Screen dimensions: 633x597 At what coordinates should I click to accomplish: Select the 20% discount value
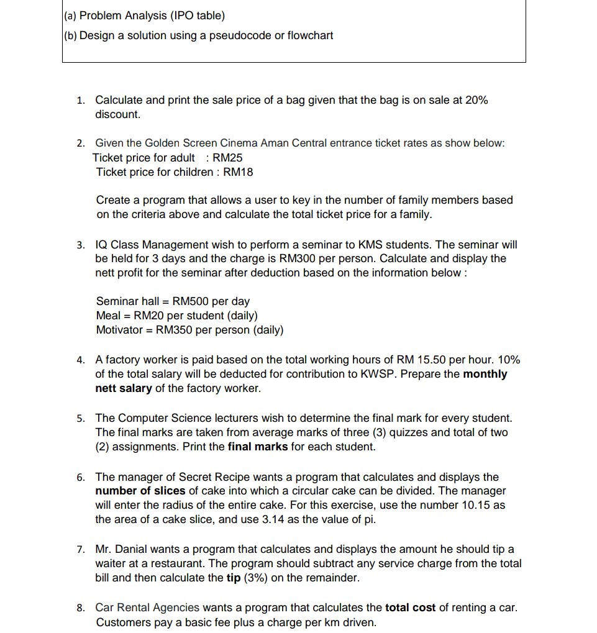coord(475,100)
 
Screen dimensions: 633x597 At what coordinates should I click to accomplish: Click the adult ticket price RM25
coord(227,158)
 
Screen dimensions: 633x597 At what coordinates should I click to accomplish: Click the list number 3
coord(81,245)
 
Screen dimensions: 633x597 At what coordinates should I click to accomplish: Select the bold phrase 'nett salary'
coord(123,388)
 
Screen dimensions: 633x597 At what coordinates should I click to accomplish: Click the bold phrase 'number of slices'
coord(140,491)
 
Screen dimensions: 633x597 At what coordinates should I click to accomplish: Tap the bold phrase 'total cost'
coord(411,608)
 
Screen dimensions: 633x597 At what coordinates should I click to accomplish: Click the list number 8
coord(81,608)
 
